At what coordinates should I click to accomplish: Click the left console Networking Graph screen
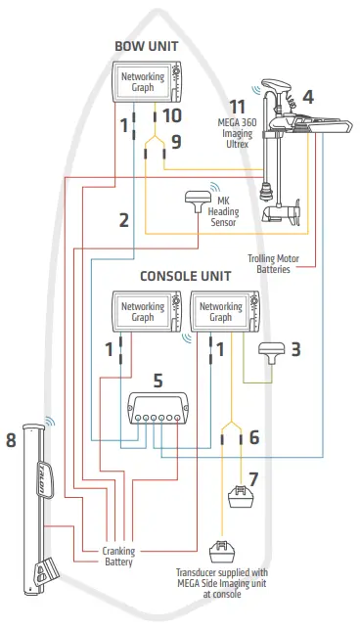click(x=143, y=312)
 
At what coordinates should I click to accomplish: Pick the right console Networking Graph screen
click(x=220, y=312)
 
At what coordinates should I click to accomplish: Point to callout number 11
click(x=236, y=105)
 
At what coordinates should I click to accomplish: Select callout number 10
click(x=171, y=116)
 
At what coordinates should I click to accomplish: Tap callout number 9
click(x=176, y=142)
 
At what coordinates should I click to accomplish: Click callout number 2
click(x=123, y=221)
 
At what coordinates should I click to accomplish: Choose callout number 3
click(x=294, y=348)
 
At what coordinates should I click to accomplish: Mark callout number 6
click(x=254, y=437)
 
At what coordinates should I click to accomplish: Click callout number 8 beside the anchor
click(x=12, y=440)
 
